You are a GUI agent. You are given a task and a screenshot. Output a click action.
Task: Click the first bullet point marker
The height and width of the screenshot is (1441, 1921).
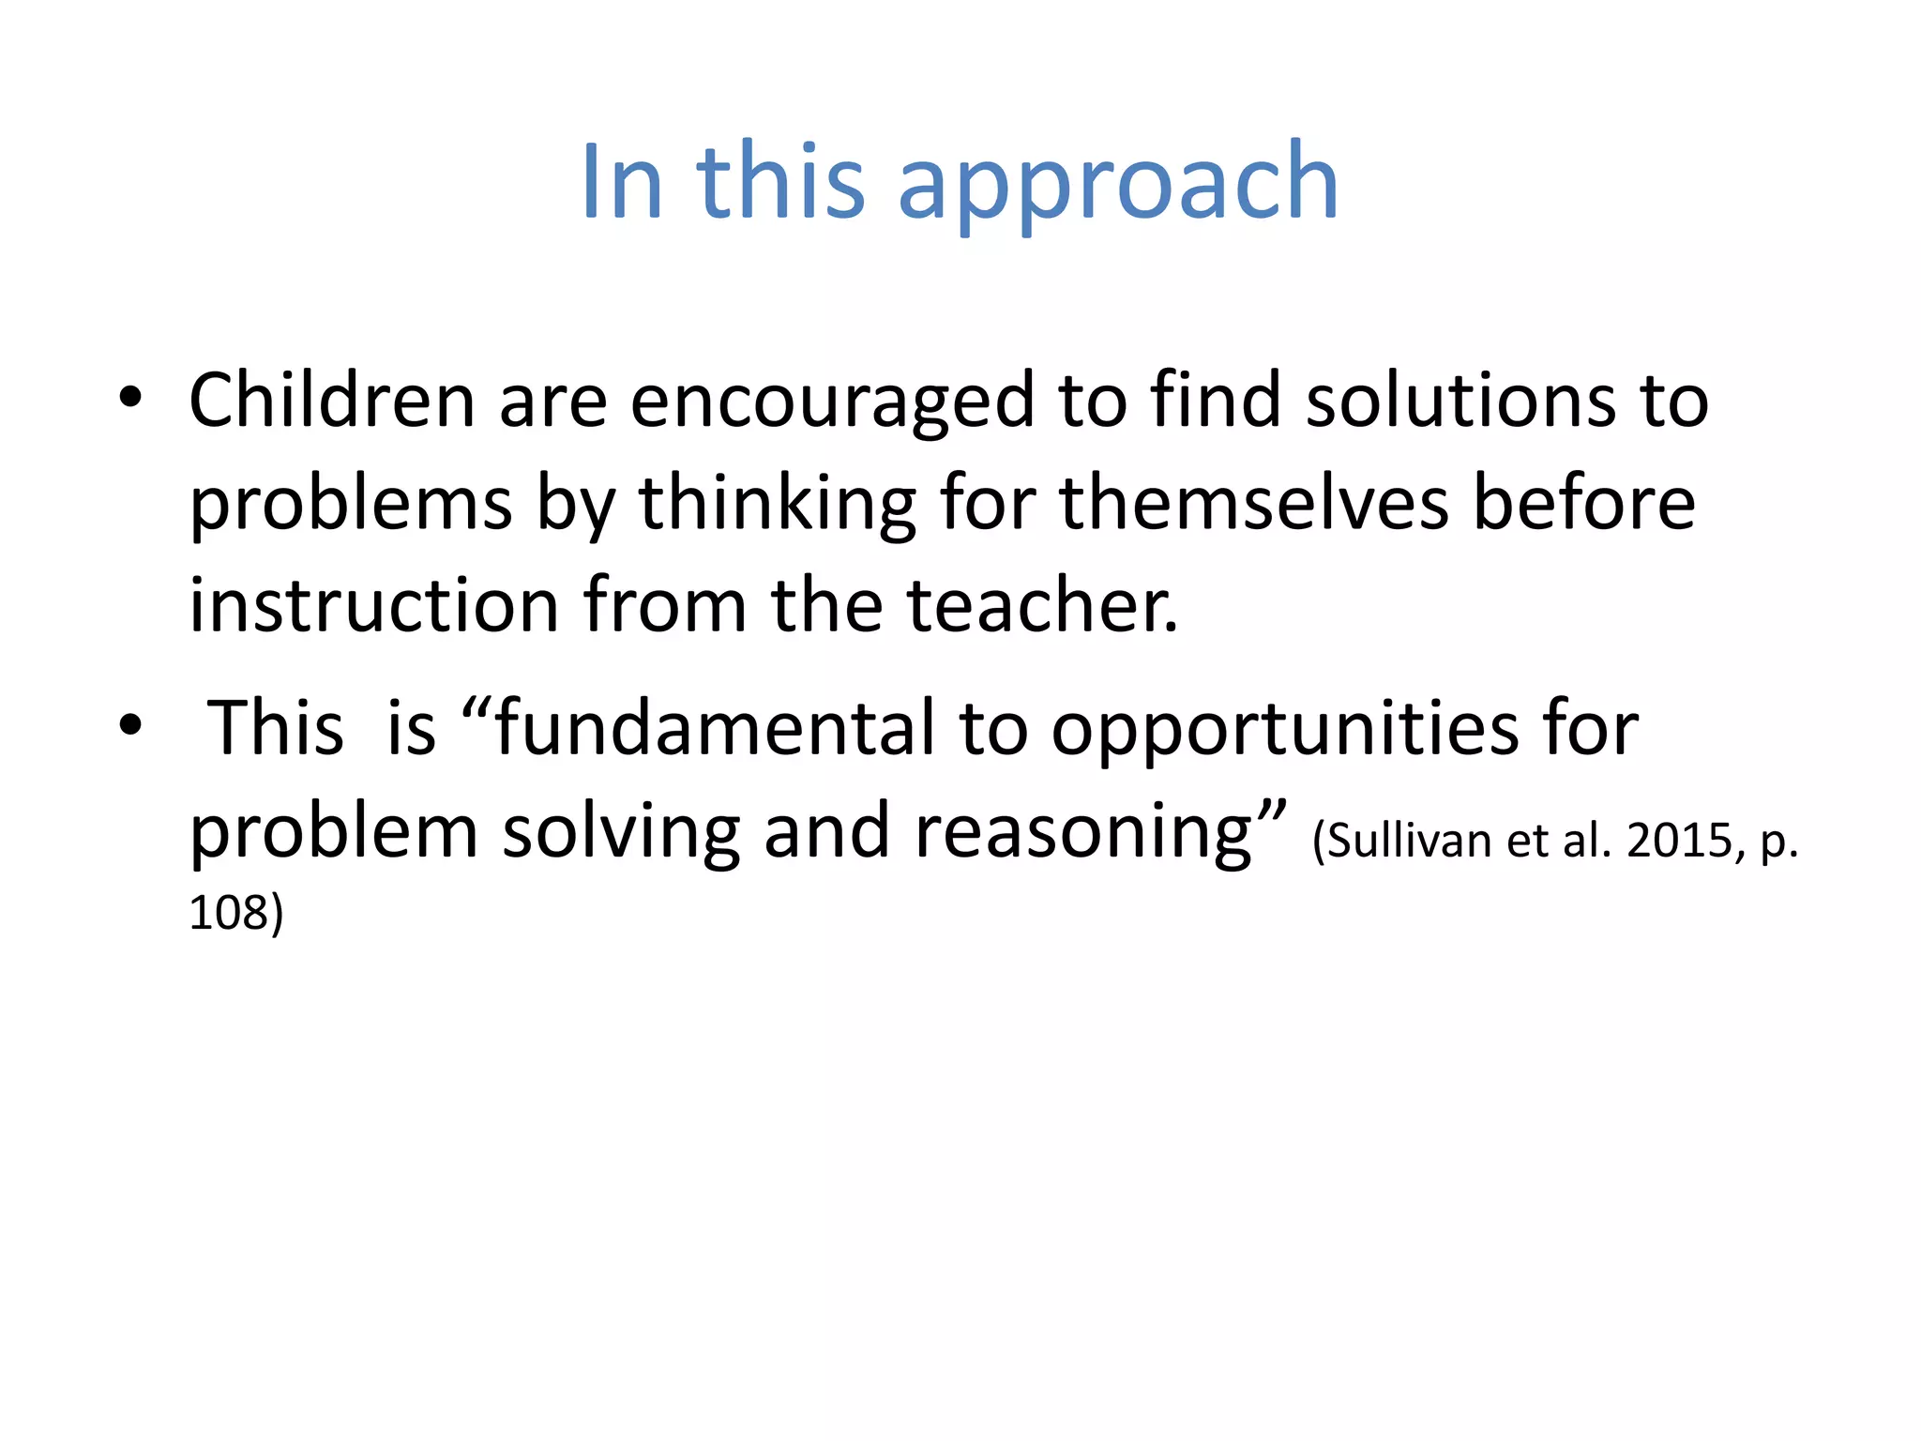click(x=130, y=398)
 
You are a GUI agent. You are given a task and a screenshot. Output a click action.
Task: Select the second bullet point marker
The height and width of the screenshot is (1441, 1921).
click(x=130, y=724)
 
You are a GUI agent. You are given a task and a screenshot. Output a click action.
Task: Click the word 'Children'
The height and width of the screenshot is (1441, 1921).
click(x=332, y=401)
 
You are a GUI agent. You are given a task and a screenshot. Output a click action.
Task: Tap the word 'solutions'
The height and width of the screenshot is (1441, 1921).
click(x=1460, y=401)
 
